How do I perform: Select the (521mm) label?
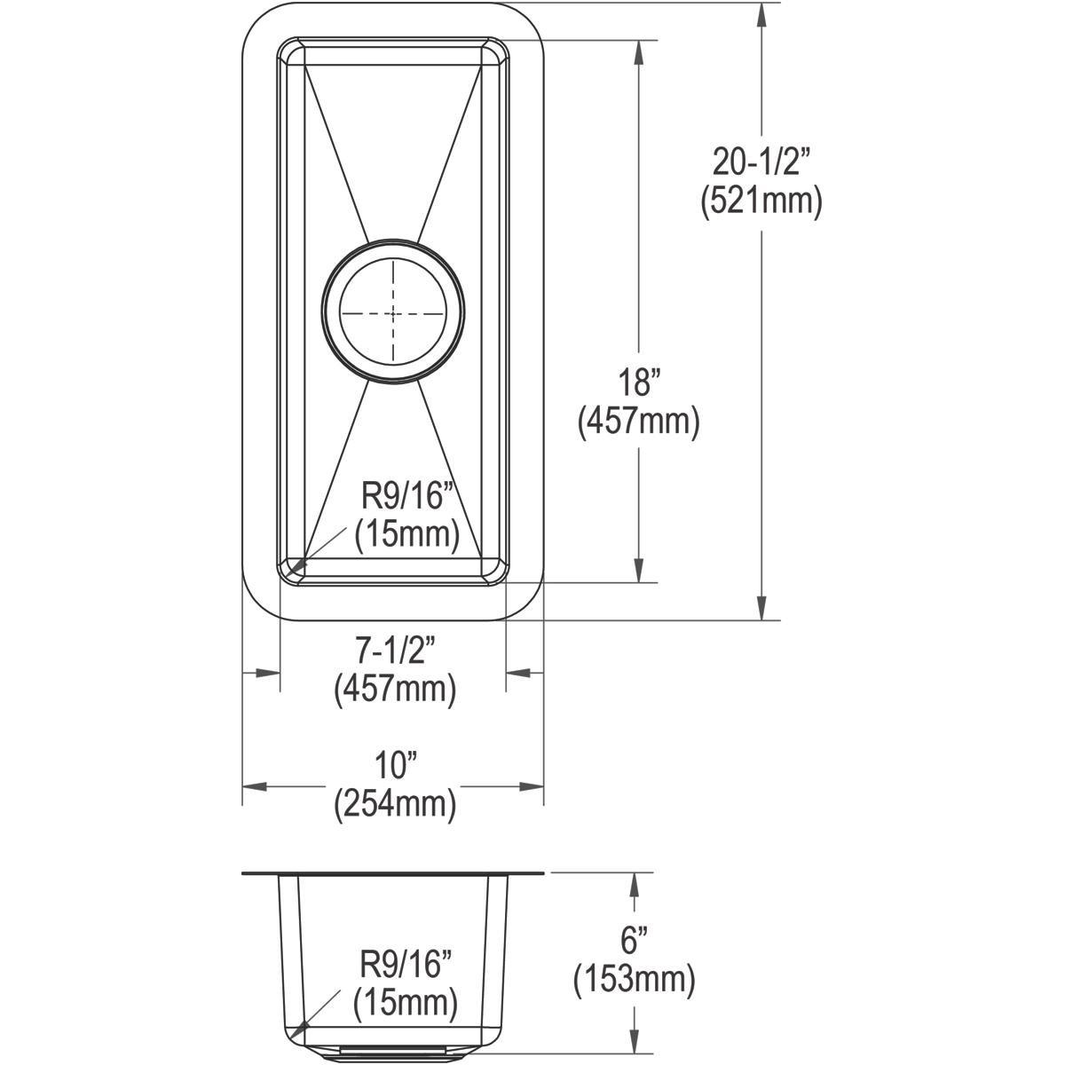pos(761,202)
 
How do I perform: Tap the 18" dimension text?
pos(639,383)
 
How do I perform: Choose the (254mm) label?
pos(395,806)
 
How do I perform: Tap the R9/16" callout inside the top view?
pos(403,496)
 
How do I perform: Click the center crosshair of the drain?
pos(393,314)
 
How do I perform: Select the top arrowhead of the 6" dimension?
pos(634,884)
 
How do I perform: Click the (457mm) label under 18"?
pos(639,423)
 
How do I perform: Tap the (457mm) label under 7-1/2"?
pos(395,690)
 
